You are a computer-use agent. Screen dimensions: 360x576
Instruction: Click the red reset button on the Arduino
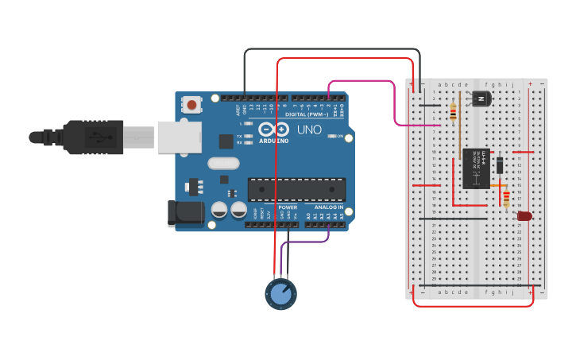[191, 104]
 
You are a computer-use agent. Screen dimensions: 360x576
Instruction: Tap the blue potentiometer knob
[280, 294]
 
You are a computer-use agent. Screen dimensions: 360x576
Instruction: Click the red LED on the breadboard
[524, 215]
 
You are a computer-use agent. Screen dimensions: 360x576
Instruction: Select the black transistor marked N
[481, 99]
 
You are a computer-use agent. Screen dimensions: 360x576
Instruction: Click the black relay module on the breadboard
[476, 168]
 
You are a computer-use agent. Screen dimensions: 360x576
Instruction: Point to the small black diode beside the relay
[500, 165]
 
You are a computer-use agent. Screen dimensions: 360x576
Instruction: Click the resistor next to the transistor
[453, 112]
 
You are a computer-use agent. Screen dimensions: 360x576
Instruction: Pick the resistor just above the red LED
[506, 198]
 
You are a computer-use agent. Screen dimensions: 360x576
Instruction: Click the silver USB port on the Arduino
[179, 137]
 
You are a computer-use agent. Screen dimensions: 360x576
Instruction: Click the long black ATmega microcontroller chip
[297, 188]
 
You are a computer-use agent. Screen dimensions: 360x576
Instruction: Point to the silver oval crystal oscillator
[223, 163]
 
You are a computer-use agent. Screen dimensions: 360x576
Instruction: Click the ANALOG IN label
[328, 207]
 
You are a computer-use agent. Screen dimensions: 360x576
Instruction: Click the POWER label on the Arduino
[288, 207]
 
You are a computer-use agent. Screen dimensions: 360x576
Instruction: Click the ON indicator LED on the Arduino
[331, 137]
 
